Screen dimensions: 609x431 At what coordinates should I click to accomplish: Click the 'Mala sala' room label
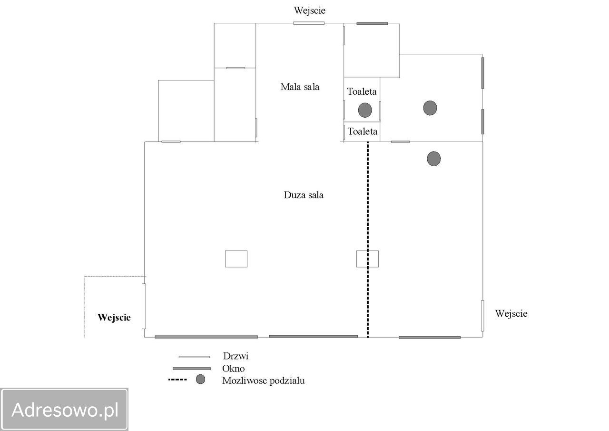(300, 87)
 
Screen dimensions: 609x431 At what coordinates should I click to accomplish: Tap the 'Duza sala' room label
(304, 195)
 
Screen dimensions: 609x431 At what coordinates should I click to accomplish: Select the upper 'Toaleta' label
(362, 92)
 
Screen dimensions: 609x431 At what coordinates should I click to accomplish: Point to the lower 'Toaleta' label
(363, 132)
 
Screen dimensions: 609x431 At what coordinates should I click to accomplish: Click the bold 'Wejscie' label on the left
(114, 318)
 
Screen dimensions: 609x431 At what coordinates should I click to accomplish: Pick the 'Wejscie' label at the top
(310, 10)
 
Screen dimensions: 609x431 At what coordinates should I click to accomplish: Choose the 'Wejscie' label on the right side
(511, 313)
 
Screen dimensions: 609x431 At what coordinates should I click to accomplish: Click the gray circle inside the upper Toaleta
(365, 110)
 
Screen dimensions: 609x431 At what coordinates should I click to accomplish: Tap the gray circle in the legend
(201, 379)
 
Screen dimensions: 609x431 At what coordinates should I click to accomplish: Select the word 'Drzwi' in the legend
(236, 356)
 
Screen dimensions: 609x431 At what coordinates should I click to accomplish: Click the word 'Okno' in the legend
(234, 369)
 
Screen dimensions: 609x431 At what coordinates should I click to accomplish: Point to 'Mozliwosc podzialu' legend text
(264, 381)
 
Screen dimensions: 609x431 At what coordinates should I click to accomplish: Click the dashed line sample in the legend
(177, 380)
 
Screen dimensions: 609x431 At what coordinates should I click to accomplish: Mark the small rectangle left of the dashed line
(236, 259)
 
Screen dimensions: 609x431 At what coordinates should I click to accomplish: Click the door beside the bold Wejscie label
(144, 306)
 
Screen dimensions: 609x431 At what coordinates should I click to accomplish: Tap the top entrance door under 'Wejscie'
(309, 23)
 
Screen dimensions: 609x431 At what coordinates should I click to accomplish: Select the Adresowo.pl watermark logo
(64, 410)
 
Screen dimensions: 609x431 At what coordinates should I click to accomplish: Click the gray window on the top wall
(372, 24)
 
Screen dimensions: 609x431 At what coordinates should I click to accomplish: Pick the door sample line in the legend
(194, 357)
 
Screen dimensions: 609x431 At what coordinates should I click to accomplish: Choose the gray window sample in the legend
(192, 369)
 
